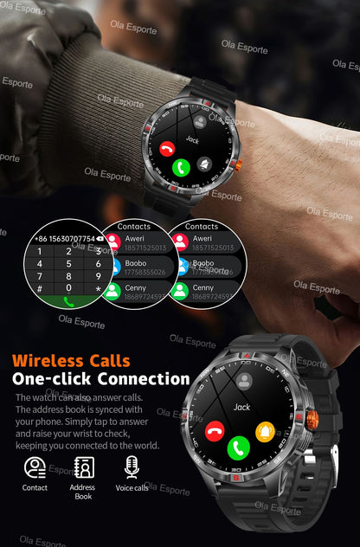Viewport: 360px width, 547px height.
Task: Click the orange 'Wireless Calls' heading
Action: point(71,360)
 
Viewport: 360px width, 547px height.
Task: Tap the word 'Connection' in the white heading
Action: point(143,379)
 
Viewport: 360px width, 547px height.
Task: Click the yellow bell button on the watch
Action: point(265,430)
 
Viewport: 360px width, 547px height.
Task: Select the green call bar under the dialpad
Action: point(68,302)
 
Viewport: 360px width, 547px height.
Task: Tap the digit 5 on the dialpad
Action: point(68,264)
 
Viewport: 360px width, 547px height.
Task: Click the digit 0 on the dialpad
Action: point(68,288)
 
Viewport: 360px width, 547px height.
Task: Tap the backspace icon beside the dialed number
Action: point(100,237)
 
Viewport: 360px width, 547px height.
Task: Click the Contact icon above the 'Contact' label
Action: point(35,467)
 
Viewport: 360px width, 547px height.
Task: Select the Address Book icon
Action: point(83,467)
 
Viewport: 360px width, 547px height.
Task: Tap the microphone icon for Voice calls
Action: point(132,467)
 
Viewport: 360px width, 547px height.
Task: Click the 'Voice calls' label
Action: point(132,488)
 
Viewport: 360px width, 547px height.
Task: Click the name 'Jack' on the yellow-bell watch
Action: point(241,407)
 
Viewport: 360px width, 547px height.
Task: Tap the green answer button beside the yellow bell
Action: point(239,447)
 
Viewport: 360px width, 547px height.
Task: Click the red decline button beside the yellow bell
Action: point(215,430)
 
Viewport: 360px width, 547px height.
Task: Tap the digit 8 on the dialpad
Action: point(68,276)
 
